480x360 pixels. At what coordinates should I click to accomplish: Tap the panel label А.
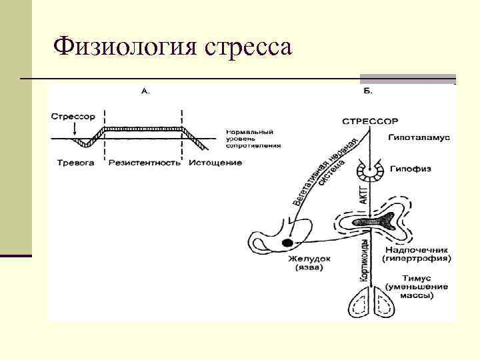coord(145,93)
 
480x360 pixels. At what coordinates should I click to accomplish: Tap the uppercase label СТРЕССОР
coord(370,121)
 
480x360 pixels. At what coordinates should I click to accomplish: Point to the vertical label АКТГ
coord(363,194)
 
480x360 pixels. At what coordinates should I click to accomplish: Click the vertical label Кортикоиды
coord(363,263)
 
